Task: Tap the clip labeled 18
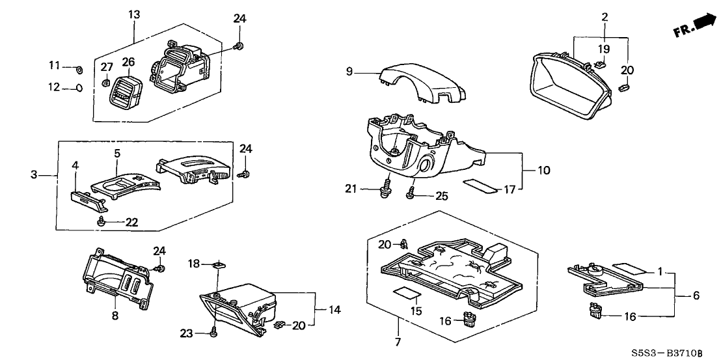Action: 218,264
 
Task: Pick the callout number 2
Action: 605,16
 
